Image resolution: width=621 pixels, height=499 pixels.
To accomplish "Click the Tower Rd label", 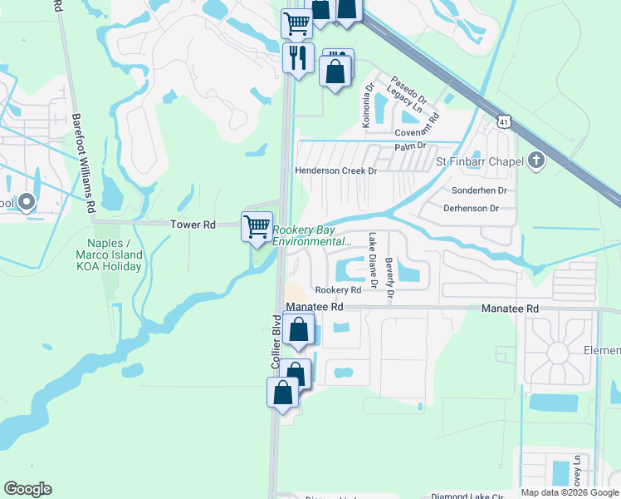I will click(193, 225).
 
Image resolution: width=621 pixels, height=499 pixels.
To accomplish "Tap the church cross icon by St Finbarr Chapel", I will click(536, 161).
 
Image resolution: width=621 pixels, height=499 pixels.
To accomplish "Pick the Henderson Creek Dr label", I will click(336, 170).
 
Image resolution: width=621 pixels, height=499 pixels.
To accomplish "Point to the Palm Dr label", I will click(410, 146).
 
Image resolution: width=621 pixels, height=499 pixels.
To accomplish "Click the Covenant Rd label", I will click(421, 133).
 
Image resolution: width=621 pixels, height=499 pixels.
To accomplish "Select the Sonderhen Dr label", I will click(479, 190).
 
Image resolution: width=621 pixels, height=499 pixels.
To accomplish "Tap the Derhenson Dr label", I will click(470, 208).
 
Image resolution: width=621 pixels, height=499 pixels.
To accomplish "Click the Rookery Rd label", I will click(338, 290).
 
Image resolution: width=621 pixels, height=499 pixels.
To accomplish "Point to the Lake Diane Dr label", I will click(373, 259).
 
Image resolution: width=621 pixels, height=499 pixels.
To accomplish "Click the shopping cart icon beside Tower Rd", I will click(257, 226).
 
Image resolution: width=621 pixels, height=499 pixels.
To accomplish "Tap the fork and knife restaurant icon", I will click(296, 57).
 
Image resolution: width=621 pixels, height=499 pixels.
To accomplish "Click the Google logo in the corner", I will click(27, 489).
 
